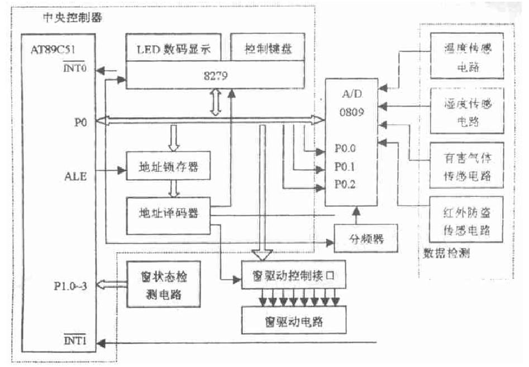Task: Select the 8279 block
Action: click(215, 76)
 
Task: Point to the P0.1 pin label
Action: click(345, 167)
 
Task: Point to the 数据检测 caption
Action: click(444, 254)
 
